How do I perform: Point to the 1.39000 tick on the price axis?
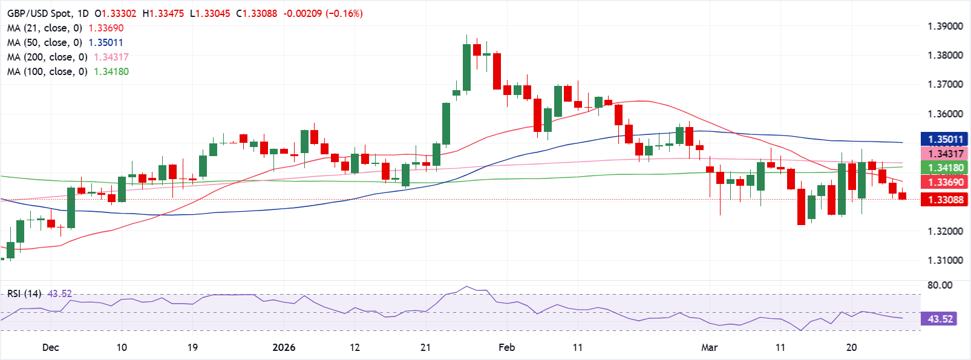945,26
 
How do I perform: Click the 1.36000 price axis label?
945,114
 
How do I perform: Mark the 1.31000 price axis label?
945,260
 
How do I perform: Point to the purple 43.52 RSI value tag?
940,319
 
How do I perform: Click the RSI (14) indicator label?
24,293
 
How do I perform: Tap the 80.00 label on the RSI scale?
940,285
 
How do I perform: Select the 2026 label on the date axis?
284,347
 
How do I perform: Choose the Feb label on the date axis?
506,347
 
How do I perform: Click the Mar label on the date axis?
709,347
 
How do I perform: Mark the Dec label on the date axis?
51,347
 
